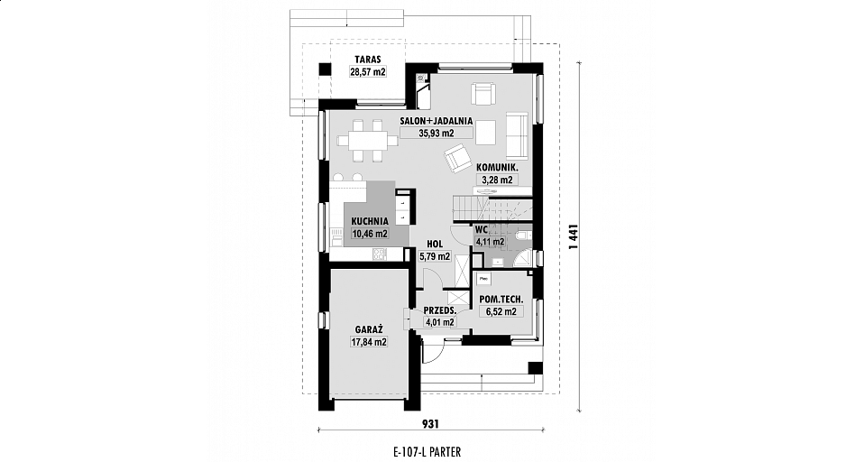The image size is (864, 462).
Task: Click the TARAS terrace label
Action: click(368, 60)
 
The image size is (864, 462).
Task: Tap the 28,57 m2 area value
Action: click(368, 71)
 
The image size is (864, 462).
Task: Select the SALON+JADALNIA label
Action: click(437, 121)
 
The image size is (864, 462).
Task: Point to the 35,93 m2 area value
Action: click(436, 133)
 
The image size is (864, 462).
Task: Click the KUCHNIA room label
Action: click(370, 222)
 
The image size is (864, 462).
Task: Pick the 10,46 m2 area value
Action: click(370, 234)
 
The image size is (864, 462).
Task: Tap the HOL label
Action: click(435, 245)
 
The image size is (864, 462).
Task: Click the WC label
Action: click(482, 229)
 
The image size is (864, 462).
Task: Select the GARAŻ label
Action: click(369, 329)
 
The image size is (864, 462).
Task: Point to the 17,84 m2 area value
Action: click(369, 342)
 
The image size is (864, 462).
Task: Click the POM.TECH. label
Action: click(501, 300)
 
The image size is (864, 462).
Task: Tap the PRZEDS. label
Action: click(439, 310)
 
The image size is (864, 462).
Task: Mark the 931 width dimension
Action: click(430, 423)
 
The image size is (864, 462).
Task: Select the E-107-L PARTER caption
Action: click(427, 452)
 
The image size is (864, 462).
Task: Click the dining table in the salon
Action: click(368, 141)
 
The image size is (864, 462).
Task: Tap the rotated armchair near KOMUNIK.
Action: click(456, 157)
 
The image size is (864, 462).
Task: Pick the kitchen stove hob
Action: click(380, 254)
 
